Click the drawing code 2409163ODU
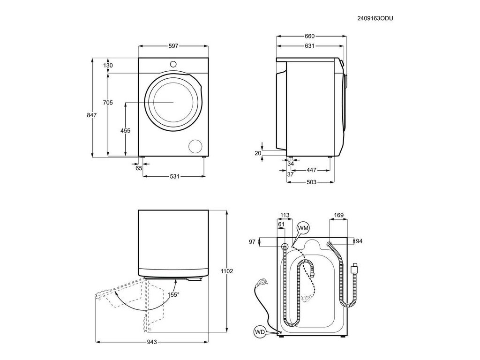(375, 18)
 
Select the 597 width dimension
(173, 46)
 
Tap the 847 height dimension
(91, 115)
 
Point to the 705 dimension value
(108, 103)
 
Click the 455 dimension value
(125, 131)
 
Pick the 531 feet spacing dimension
(174, 176)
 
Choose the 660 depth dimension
(309, 36)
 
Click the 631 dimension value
(309, 46)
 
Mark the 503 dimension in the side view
(311, 182)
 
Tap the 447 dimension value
(311, 170)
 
